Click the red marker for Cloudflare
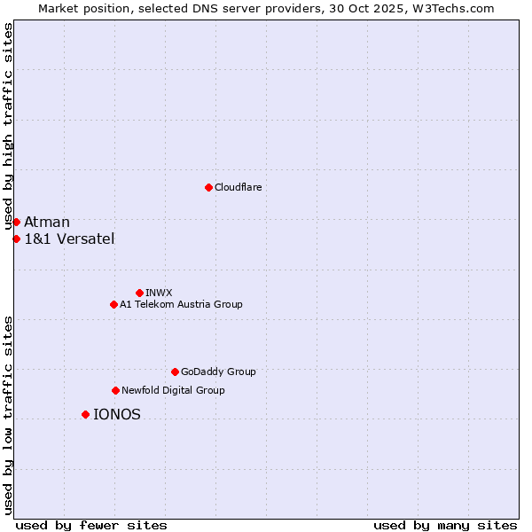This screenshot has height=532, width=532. click(x=208, y=187)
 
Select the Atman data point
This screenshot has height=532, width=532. click(x=16, y=222)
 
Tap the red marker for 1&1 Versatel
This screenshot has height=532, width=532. click(x=16, y=239)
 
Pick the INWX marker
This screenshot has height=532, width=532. click(x=139, y=293)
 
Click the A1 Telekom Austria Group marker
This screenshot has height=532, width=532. click(x=113, y=304)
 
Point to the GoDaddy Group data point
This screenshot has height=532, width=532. click(x=175, y=372)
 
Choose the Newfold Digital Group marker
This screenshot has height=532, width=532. click(x=115, y=390)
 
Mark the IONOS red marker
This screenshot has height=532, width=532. click(x=85, y=414)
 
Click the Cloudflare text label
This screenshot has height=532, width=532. click(x=238, y=187)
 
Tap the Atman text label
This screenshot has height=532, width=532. click(x=47, y=222)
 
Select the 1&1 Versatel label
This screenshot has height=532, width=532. click(x=69, y=239)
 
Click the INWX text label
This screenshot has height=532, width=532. click(x=159, y=293)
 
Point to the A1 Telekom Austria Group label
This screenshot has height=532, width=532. click(x=181, y=304)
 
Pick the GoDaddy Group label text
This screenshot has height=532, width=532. click(x=218, y=372)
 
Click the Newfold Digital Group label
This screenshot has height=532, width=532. click(x=173, y=390)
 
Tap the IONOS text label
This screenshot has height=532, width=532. click(x=117, y=414)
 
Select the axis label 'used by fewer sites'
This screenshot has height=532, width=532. click(x=91, y=525)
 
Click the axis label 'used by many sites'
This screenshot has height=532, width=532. click(x=445, y=525)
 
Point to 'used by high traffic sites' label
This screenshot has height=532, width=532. click(x=8, y=127)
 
